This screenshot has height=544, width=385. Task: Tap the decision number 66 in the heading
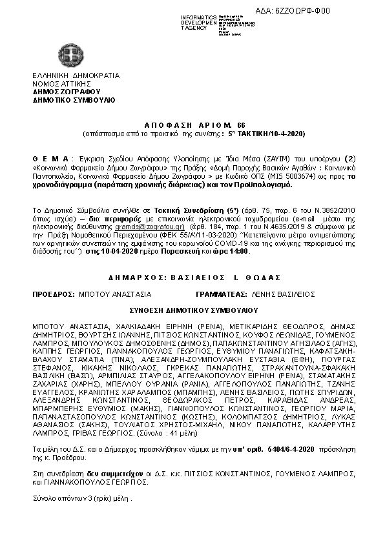pos(242,123)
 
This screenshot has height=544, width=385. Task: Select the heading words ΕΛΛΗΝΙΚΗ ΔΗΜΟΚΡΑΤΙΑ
pos(76,76)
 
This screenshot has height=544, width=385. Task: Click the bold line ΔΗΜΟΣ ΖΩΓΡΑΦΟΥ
pos(68,92)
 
